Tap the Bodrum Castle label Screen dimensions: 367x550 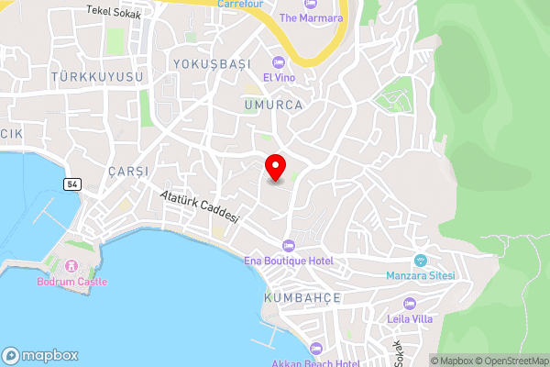(x=71, y=282)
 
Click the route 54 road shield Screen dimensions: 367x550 (x=71, y=184)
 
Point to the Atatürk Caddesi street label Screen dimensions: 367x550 (x=199, y=206)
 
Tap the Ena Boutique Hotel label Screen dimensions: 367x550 (x=288, y=261)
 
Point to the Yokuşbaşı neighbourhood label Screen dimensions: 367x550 (x=211, y=63)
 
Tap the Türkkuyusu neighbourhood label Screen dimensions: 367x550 (x=98, y=77)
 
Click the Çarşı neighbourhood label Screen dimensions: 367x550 (x=126, y=172)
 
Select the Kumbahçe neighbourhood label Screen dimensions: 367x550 (x=302, y=298)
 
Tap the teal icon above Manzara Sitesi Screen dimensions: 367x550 (x=421, y=260)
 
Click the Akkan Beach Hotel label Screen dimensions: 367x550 (x=314, y=363)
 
